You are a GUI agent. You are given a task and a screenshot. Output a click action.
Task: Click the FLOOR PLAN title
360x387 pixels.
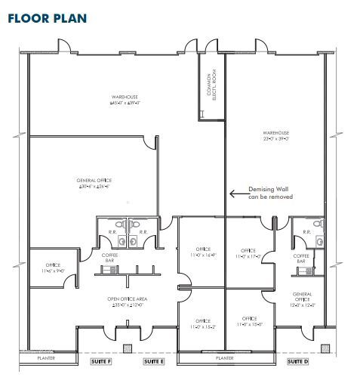48,17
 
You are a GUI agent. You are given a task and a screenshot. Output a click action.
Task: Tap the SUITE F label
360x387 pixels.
100,361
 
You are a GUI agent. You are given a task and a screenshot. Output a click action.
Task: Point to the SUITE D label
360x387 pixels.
298,361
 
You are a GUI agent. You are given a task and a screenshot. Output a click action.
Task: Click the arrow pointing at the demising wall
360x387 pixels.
240,193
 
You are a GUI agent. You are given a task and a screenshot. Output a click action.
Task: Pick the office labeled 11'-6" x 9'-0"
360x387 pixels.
53,267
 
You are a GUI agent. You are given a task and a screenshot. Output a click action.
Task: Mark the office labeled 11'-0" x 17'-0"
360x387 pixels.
248,253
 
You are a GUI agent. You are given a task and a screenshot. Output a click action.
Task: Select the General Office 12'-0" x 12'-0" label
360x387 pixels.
303,299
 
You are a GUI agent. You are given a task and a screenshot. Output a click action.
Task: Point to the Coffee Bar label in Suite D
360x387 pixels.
303,259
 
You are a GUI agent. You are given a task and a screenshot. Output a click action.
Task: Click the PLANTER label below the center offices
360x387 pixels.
224,358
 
